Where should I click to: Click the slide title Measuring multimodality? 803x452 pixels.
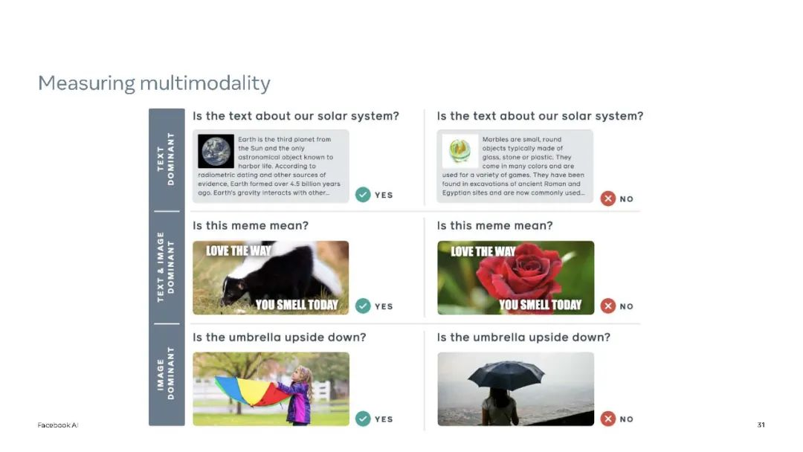[x=154, y=83]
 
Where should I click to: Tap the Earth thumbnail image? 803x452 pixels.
[x=216, y=152]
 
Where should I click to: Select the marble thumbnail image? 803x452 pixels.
[x=460, y=152]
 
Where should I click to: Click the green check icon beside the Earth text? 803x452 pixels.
[x=363, y=195]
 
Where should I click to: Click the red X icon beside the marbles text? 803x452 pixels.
[x=608, y=198]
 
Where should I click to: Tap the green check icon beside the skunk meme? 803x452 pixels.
[x=363, y=306]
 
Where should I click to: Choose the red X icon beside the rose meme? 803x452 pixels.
[x=608, y=306]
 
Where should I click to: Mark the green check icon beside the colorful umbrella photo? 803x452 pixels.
[x=363, y=419]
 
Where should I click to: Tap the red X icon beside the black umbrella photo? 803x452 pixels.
[x=608, y=419]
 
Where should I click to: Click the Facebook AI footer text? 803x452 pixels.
[x=58, y=425]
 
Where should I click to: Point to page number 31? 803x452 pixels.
[x=761, y=425]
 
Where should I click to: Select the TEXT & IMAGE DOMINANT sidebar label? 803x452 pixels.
[x=166, y=267]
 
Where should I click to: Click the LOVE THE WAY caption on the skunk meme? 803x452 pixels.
[x=238, y=251]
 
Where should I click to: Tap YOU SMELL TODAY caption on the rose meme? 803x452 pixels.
[x=541, y=305]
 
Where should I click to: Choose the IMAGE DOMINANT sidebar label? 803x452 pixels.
[x=166, y=373]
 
